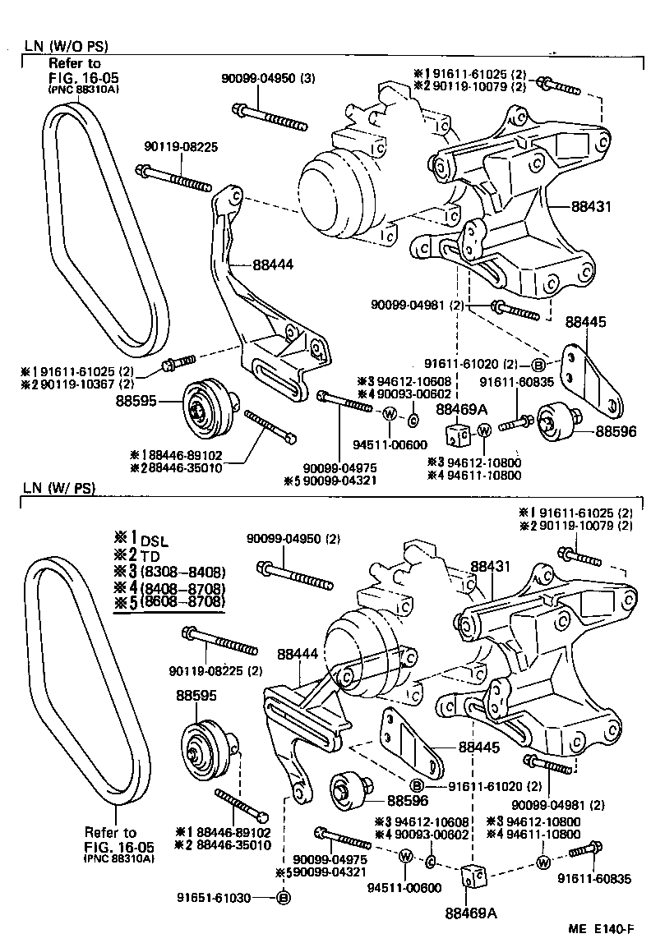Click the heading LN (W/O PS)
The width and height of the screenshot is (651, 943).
(x=66, y=46)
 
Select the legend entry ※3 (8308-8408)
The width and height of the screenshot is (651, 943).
(x=169, y=572)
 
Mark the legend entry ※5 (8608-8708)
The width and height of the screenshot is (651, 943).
(x=169, y=602)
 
